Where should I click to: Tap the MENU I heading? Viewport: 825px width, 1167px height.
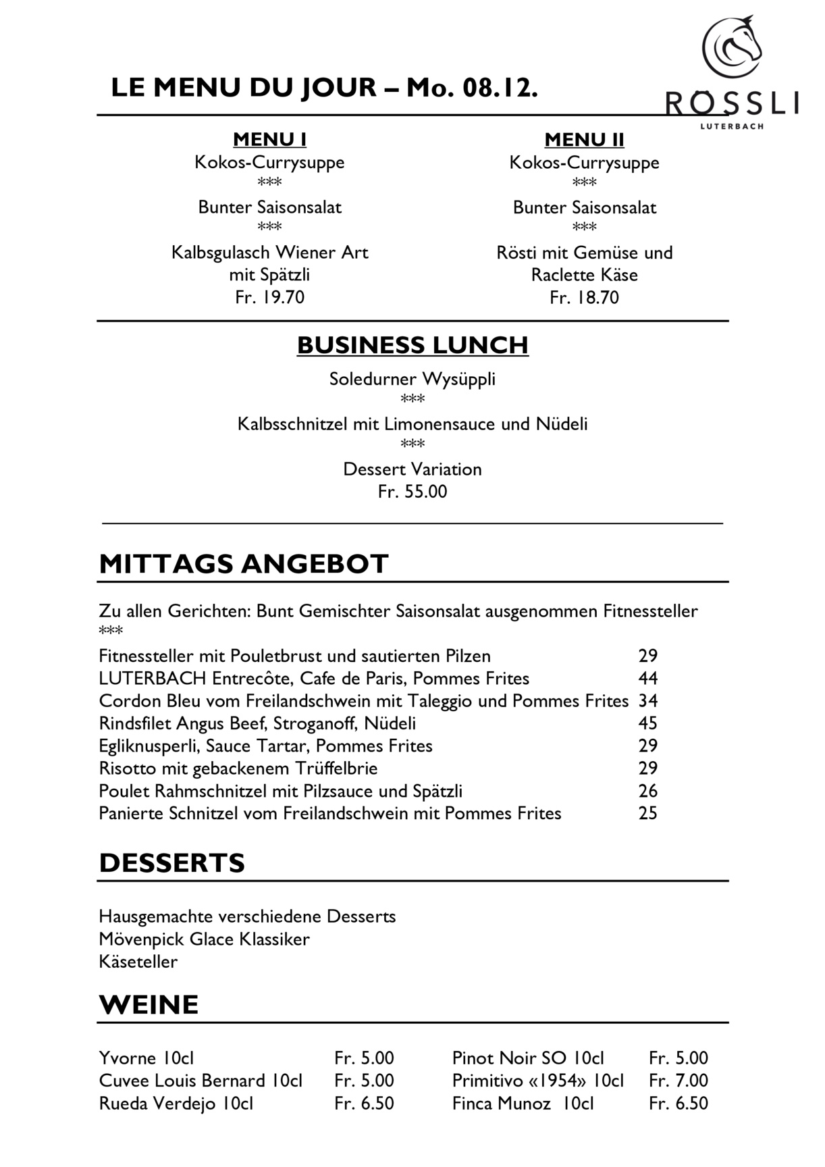[x=269, y=140]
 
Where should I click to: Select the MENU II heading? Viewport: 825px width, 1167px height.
[x=584, y=140]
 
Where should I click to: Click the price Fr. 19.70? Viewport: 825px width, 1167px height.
[x=269, y=298]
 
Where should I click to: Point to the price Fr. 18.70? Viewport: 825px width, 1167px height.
[x=584, y=298]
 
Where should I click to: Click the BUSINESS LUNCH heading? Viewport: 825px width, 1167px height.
[x=412, y=345]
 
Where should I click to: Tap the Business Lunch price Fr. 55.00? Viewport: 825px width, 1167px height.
[x=412, y=492]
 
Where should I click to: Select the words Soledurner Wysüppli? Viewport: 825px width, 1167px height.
[x=412, y=379]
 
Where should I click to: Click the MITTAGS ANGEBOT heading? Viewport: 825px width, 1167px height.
[x=244, y=564]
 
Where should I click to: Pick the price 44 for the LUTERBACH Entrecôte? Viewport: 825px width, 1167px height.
[x=647, y=678]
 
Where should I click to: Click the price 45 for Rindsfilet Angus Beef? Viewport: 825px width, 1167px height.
[x=647, y=723]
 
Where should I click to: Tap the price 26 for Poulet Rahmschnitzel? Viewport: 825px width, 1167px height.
[x=647, y=791]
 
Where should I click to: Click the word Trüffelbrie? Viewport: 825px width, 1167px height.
[x=336, y=769]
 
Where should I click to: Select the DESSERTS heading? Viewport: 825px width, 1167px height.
[x=171, y=863]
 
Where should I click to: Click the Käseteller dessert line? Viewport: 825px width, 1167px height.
[x=138, y=962]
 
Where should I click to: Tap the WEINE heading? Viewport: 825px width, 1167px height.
[x=149, y=1005]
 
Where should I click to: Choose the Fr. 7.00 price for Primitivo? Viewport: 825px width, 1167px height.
[x=678, y=1081]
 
